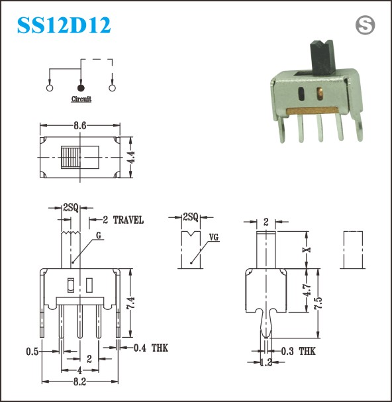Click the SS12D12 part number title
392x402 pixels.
coord(64,25)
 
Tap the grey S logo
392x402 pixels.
coord(365,25)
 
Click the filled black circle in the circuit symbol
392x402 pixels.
coord(81,88)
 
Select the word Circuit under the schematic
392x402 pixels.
coord(81,99)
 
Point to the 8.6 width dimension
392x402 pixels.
coord(80,126)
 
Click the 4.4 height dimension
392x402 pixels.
coord(131,157)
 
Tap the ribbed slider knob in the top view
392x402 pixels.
coord(70,157)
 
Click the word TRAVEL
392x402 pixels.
coord(128,220)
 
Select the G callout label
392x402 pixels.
coord(99,235)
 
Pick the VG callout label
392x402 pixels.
coord(214,237)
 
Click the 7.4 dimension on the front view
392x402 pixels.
coord(130,303)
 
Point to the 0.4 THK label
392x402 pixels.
coord(151,348)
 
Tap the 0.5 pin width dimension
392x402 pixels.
coord(32,352)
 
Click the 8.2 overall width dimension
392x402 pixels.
coord(79,382)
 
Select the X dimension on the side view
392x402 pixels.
coord(307,250)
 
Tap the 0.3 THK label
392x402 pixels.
coord(299,351)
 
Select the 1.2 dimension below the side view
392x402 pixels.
coord(266,362)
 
